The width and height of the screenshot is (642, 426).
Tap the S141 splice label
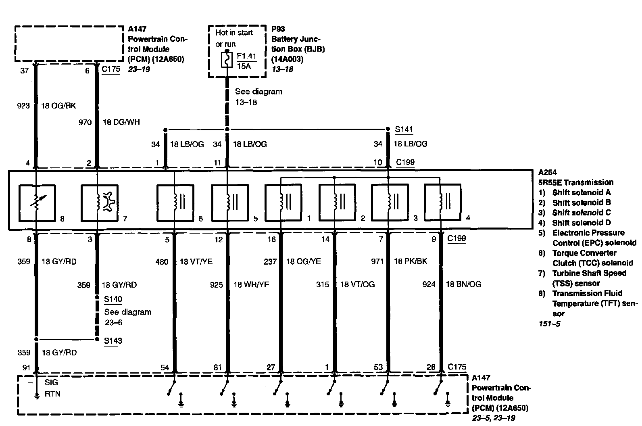point(404,129)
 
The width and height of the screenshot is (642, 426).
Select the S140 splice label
point(113,299)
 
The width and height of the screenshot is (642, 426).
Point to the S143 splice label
point(113,340)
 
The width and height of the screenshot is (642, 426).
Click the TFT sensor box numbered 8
point(37,203)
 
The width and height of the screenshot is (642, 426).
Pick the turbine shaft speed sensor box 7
point(99,203)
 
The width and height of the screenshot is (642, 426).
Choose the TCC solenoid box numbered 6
point(175,203)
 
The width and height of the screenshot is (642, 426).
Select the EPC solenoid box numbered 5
point(229,203)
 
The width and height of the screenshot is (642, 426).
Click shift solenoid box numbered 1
point(283,203)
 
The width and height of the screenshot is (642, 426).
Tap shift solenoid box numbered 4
point(442,203)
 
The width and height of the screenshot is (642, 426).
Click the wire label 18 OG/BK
point(58,106)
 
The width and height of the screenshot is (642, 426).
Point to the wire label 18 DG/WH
point(121,122)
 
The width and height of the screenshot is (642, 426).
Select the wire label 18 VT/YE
point(196,262)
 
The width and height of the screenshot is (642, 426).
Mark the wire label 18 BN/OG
point(463,284)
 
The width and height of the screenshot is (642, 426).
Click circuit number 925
point(217,285)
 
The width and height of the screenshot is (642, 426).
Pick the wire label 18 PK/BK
point(410,261)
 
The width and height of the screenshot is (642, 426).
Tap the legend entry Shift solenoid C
point(581,213)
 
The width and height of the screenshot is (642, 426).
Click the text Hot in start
point(234,32)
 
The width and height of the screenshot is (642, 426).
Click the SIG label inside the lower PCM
point(52,382)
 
